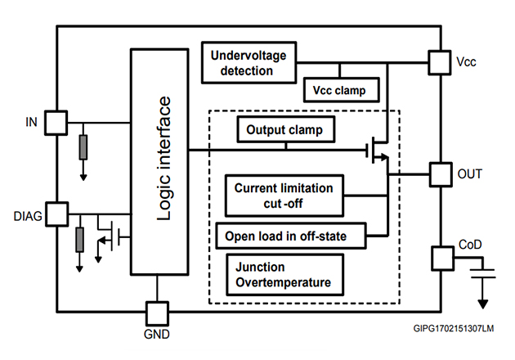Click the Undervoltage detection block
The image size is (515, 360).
pyautogui.click(x=249, y=63)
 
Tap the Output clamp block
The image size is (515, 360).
pyautogui.click(x=285, y=130)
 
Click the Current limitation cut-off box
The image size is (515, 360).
pyautogui.click(x=284, y=195)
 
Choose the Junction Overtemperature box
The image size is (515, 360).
pyautogui.click(x=284, y=275)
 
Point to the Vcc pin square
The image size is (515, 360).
pyautogui.click(x=441, y=62)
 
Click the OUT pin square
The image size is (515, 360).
pyautogui.click(x=441, y=173)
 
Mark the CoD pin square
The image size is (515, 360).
pyautogui.click(x=441, y=258)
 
